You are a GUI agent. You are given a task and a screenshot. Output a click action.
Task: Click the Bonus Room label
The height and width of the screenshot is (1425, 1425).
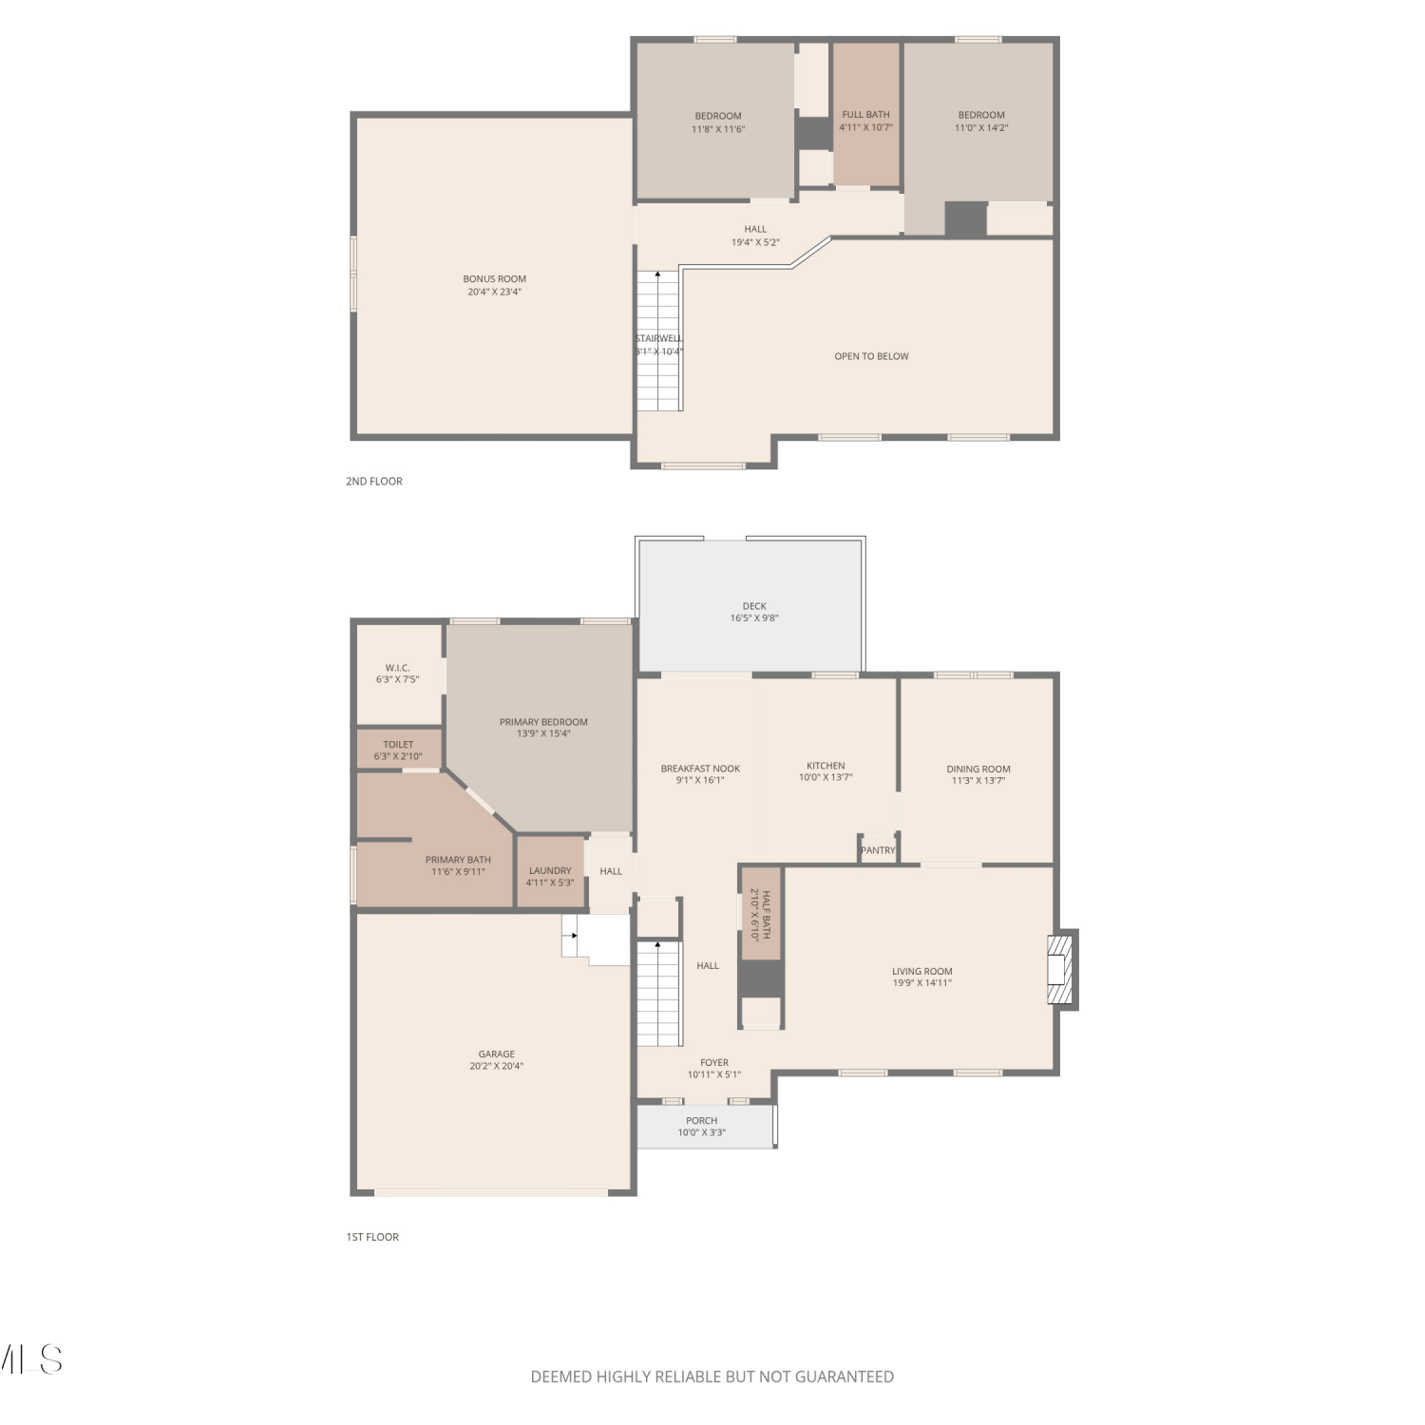[494, 279]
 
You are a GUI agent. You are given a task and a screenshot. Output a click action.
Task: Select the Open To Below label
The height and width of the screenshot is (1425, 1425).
[871, 356]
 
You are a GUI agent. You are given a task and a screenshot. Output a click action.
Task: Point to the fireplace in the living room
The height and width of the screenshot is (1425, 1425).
[1060, 970]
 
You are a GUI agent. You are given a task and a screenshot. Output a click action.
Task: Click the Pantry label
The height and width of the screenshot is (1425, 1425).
[878, 850]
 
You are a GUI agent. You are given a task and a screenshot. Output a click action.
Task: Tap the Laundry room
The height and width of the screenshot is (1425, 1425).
[550, 871]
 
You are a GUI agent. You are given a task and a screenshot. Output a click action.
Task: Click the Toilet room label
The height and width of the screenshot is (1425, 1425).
[398, 745]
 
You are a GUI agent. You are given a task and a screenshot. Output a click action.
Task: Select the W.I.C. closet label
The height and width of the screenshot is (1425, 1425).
[397, 668]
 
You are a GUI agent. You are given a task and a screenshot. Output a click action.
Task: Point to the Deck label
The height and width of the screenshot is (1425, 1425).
[754, 606]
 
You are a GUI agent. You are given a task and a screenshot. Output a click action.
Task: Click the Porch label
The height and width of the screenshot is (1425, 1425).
[702, 1121]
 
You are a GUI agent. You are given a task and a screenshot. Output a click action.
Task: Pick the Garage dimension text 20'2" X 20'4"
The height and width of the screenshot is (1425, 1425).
[496, 1066]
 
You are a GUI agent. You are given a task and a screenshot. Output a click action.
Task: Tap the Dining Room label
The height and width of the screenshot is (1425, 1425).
[978, 769]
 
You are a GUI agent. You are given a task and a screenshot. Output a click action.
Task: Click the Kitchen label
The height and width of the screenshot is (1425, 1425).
[826, 766]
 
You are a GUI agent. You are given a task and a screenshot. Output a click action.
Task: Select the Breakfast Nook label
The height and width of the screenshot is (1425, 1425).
[700, 769]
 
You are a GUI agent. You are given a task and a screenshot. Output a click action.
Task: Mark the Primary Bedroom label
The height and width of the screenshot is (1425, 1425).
[543, 722]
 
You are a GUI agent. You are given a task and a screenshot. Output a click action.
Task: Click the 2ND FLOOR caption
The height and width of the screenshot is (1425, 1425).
[374, 482]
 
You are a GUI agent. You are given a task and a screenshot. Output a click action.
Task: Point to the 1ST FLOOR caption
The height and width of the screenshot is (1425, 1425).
[372, 1237]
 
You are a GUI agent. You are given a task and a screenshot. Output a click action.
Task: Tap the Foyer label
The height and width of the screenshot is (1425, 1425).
[714, 1063]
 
